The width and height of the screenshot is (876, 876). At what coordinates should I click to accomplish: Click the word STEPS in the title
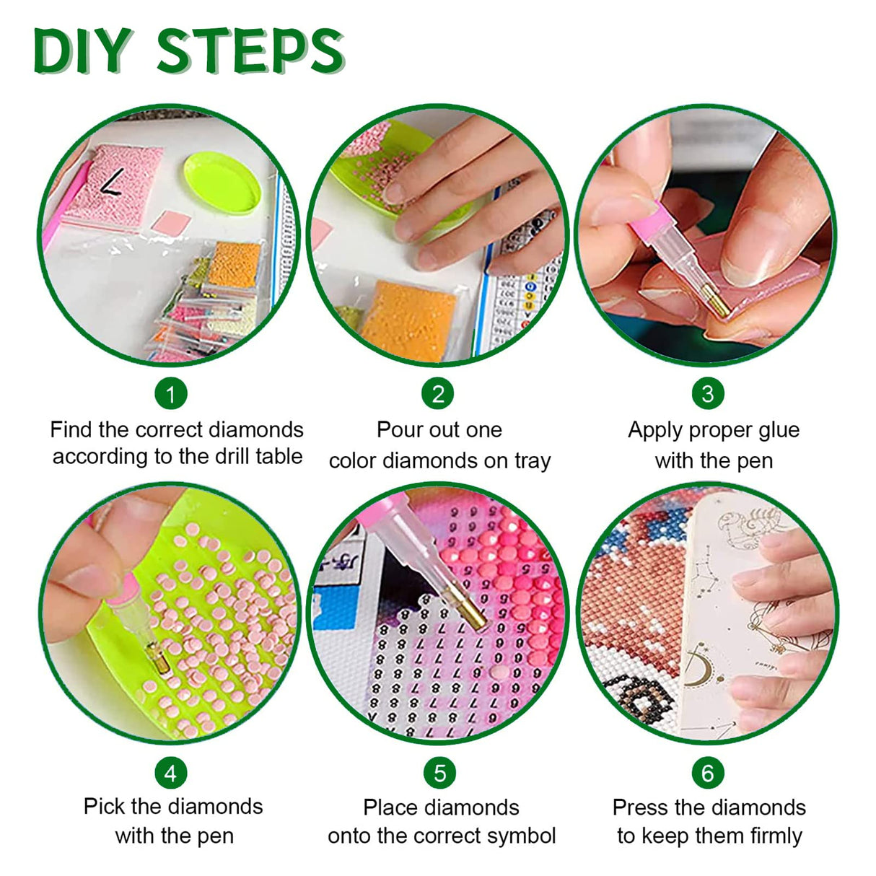pos(250,51)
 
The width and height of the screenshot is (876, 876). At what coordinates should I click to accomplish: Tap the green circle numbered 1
pos(171,393)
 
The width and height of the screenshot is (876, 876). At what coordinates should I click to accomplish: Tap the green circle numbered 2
pos(438,393)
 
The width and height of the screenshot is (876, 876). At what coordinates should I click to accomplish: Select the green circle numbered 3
pos(708,393)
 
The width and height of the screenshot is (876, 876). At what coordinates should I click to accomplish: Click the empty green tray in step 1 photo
pos(222,183)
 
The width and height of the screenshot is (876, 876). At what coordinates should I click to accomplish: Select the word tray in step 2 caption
pos(533,461)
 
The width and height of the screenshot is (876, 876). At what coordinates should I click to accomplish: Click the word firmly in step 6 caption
pos(776,836)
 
